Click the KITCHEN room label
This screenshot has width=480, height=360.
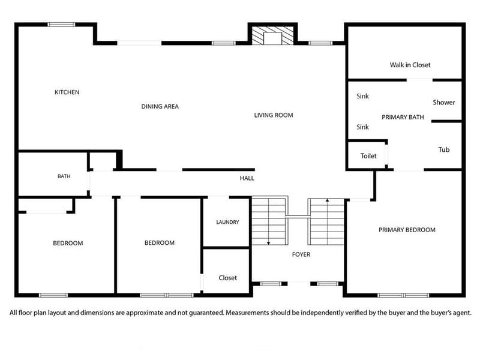pos(67,92)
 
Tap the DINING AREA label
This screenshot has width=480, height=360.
pos(160,107)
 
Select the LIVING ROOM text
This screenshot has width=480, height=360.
pos(274,115)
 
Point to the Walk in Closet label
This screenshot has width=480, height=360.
pos(410,65)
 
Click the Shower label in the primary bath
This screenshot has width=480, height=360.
pos(444,102)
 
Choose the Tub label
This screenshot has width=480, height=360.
pos(444,149)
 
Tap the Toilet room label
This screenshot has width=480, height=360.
pos(368,156)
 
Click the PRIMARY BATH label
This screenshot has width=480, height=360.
pos(403,117)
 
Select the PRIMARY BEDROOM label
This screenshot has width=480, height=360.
pos(407,230)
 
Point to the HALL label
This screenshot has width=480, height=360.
pos(247,178)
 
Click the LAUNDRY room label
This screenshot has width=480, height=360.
pos(227,222)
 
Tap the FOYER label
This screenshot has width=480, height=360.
pos(301,254)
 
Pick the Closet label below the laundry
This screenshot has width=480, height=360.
pos(228,278)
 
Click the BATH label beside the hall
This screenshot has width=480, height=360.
pos(64,176)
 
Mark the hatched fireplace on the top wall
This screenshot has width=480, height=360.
pos(272,35)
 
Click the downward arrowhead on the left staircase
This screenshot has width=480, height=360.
pos(268,243)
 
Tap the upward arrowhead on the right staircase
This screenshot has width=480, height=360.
pos(327,200)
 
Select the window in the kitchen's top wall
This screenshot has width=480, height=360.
pos(61,25)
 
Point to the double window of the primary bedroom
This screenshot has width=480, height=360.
pos(403,295)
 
